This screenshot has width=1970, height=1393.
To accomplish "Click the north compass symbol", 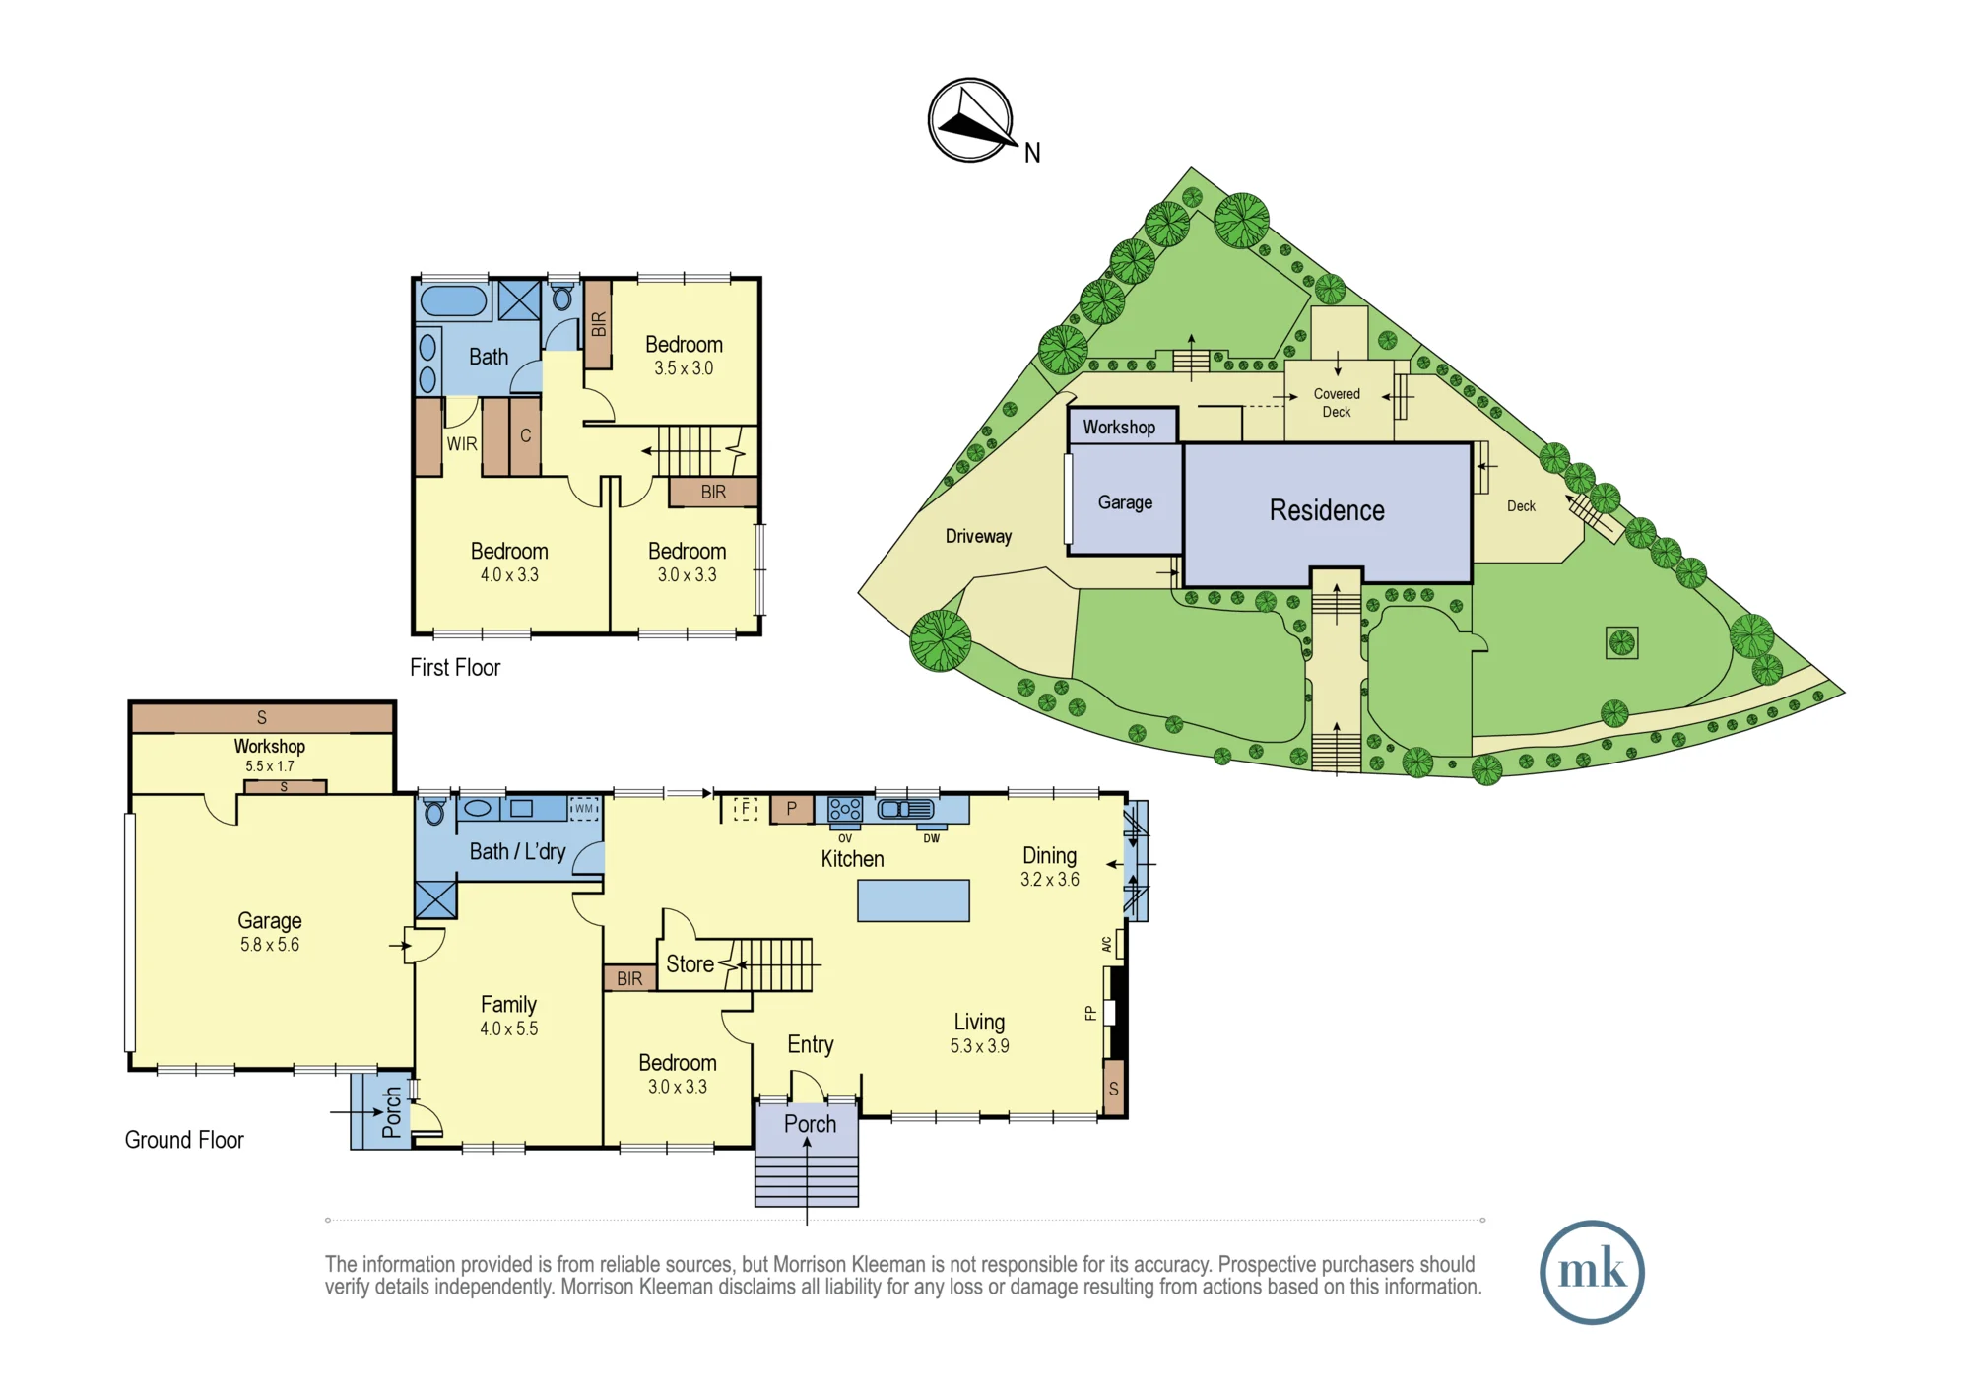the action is click(971, 120).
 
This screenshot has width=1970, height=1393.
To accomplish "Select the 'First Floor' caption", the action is click(455, 668).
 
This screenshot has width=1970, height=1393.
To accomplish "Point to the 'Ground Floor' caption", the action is click(184, 1140).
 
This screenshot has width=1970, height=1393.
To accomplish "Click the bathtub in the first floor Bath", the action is click(453, 300).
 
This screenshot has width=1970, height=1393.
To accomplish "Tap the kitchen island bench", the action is click(913, 900).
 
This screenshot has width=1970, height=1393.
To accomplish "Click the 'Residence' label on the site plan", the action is click(1327, 510).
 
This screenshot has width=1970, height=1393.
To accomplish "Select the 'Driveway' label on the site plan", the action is click(978, 536).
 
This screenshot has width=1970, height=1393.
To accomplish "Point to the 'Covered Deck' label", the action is click(1337, 403).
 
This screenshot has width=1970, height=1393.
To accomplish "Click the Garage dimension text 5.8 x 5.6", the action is click(270, 945).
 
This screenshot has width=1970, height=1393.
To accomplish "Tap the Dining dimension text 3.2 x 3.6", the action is click(1050, 880).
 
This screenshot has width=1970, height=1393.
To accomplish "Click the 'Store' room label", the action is click(689, 964).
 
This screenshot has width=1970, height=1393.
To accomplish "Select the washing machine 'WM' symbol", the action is click(584, 809).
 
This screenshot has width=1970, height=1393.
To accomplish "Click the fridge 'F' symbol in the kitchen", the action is click(746, 809).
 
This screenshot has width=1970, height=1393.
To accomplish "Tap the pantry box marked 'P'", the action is click(791, 809).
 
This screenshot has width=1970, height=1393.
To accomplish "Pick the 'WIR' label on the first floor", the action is click(462, 444).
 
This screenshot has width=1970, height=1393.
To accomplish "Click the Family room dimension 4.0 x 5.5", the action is click(509, 1029).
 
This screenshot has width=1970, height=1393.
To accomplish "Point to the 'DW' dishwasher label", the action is click(932, 839).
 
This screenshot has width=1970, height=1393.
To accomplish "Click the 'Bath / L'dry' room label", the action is click(517, 852).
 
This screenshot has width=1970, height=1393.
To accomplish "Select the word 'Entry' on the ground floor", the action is click(811, 1045).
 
